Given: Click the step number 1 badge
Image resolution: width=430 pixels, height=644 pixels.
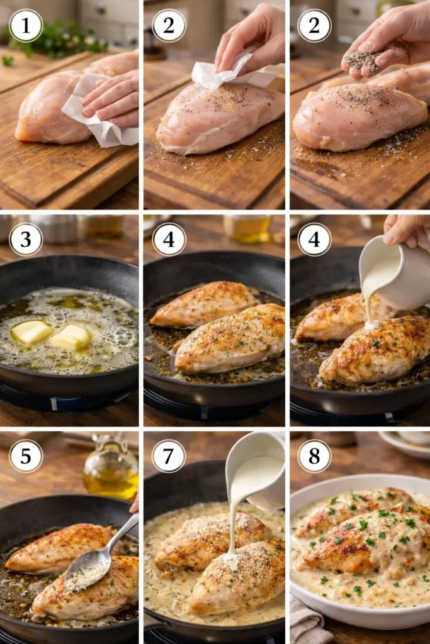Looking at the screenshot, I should click(x=26, y=26).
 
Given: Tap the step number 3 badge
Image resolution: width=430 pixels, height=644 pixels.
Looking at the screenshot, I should click(x=26, y=239).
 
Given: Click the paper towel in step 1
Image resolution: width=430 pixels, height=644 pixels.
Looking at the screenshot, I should click(x=94, y=113).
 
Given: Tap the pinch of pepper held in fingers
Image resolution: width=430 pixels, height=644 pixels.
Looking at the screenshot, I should click(x=364, y=60).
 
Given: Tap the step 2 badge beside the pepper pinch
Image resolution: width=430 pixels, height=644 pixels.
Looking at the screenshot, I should click(x=314, y=26).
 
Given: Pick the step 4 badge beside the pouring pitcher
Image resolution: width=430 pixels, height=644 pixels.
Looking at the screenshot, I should click(x=314, y=239).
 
